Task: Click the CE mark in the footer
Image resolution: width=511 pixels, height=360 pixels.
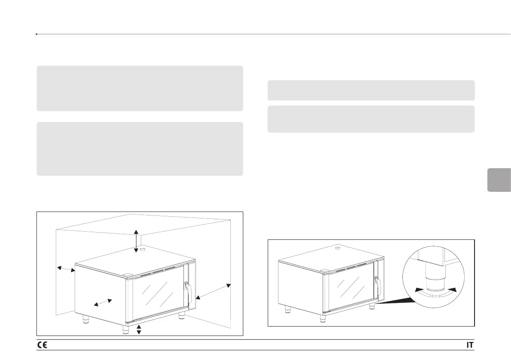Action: pos(42,345)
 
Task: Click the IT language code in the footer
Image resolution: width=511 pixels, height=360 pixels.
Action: pos(470,345)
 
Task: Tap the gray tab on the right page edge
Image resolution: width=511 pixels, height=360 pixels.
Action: pos(499,180)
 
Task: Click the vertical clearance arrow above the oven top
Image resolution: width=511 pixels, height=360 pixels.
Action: pos(136,241)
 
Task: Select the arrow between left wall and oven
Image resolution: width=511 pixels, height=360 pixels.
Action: pos(66,269)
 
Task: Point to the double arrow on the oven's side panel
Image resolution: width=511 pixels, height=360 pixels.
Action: pos(103,303)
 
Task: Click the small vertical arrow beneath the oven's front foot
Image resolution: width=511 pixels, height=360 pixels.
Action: pos(139,330)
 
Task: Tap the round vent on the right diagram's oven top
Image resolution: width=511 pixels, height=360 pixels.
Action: pos(337,248)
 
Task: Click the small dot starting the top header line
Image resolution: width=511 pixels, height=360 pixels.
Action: pos(37,33)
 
